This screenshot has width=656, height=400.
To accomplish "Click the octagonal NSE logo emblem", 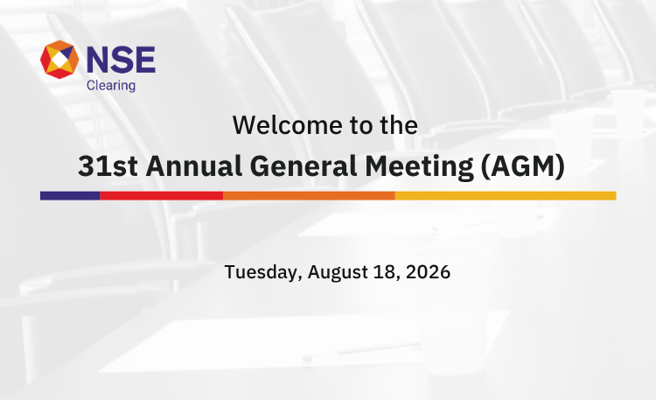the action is [x=59, y=60].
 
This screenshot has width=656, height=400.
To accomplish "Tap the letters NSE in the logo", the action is [x=121, y=60].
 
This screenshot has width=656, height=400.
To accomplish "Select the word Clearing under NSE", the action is [x=111, y=86].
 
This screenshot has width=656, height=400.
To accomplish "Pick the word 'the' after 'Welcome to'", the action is [x=399, y=125].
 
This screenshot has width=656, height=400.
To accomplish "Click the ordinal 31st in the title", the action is [x=108, y=165].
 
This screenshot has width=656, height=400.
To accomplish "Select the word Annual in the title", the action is [x=194, y=165].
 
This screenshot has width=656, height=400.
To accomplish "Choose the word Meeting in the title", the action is [x=419, y=166].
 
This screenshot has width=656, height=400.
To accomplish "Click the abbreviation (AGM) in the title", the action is [x=523, y=166].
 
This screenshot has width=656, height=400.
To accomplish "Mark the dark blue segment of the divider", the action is [x=70, y=195].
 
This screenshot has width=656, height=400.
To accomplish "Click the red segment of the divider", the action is [x=162, y=195].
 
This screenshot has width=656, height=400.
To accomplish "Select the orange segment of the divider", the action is [x=309, y=195].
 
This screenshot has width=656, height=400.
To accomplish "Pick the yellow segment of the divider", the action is [x=506, y=195].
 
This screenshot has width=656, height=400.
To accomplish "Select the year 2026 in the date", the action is [x=428, y=272].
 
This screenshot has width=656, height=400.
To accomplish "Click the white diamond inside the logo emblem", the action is [x=59, y=60].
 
